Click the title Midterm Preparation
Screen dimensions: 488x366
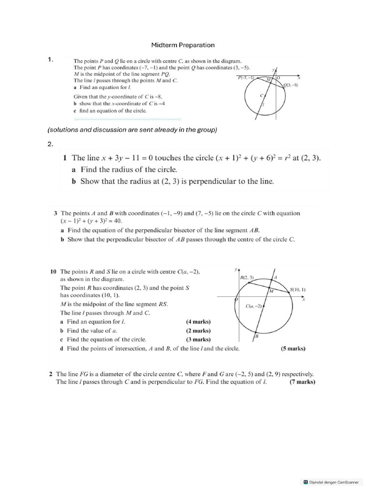pos(183,45)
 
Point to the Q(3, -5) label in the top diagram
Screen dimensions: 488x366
pos(290,85)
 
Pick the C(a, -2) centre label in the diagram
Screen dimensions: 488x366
pos(254,305)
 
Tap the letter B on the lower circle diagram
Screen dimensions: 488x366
pos(256,336)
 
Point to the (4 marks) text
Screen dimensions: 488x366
pos(198,322)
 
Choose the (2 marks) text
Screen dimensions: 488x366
pos(198,331)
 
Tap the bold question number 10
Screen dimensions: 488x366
pos(54,272)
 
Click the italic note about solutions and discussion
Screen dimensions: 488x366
pos(132,130)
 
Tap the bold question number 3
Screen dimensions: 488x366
pos(56,213)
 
